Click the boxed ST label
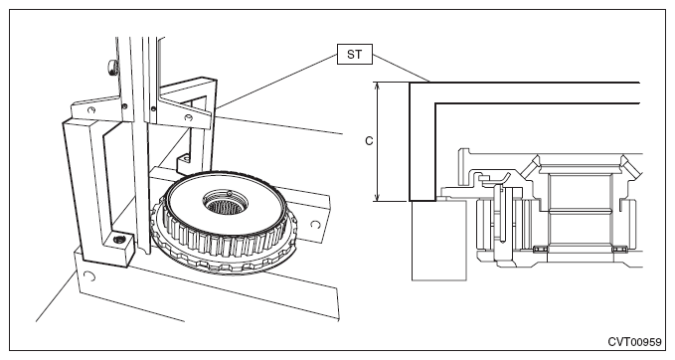[x=354, y=55]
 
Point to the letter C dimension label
[x=369, y=141]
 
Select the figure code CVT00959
[x=634, y=342]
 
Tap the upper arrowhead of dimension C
[x=378, y=86]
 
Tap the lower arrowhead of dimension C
[x=378, y=198]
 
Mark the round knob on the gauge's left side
[x=112, y=68]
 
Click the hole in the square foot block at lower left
[x=117, y=239]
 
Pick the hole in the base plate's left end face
[x=89, y=276]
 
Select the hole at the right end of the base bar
[x=315, y=225]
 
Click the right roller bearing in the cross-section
[x=619, y=250]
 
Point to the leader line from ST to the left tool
[x=276, y=81]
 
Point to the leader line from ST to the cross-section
[x=402, y=68]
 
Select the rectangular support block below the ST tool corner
[x=438, y=241]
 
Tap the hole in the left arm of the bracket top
[x=90, y=109]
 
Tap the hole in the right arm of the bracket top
[x=188, y=117]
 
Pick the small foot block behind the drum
[x=184, y=161]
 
